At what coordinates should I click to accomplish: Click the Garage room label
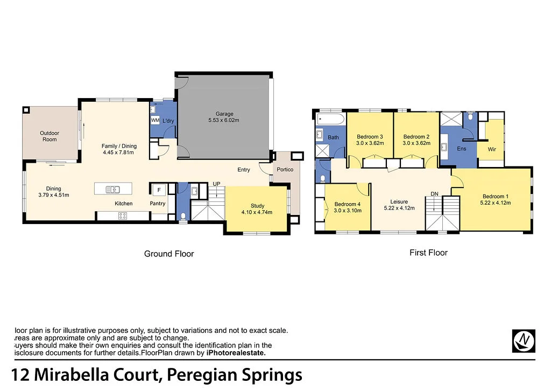pyautogui.click(x=224, y=114)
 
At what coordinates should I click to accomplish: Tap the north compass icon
pyautogui.click(x=524, y=340)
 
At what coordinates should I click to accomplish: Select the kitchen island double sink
pyautogui.click(x=114, y=189)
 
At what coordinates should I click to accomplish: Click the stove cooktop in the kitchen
pyautogui.click(x=122, y=216)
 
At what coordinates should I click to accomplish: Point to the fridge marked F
pyautogui.click(x=159, y=190)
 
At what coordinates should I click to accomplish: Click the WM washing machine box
pyautogui.click(x=155, y=121)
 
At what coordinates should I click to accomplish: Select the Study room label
pyautogui.click(x=257, y=206)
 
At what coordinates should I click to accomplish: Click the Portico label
pyautogui.click(x=285, y=170)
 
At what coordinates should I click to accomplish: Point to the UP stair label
pyautogui.click(x=216, y=184)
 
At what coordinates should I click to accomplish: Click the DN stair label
pyautogui.click(x=433, y=193)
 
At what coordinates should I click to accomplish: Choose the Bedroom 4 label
pyautogui.click(x=348, y=204)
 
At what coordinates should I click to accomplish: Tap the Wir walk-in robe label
pyautogui.click(x=492, y=149)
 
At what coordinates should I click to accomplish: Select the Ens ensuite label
pyautogui.click(x=461, y=149)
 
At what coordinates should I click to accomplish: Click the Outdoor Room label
pyautogui.click(x=49, y=136)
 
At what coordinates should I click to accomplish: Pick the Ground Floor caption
pyautogui.click(x=169, y=254)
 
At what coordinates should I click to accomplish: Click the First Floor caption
pyautogui.click(x=428, y=252)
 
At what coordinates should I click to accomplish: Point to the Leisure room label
pyautogui.click(x=399, y=201)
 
